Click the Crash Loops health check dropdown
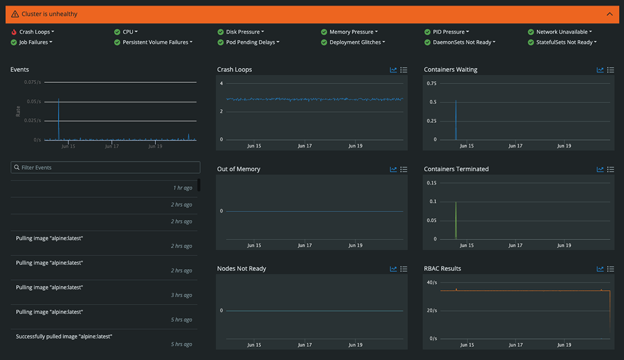pos(37,32)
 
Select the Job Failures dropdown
pos(35,42)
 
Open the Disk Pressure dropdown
pos(245,32)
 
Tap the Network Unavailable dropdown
pos(563,32)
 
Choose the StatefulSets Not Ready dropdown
pos(566,42)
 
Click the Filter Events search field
pos(106,167)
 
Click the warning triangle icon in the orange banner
pos(15,14)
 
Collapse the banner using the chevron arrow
pos(609,14)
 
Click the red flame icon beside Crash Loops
pos(14,32)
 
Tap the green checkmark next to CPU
pos(117,32)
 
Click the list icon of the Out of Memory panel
pos(403,169)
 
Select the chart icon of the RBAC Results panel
pos(600,269)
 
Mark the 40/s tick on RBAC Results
pos(431,283)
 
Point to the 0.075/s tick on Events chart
pos(33,82)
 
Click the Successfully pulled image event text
pos(64,337)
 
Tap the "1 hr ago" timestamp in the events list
pos(182,188)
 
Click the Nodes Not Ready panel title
pos(241,269)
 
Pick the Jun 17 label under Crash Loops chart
pos(305,146)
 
